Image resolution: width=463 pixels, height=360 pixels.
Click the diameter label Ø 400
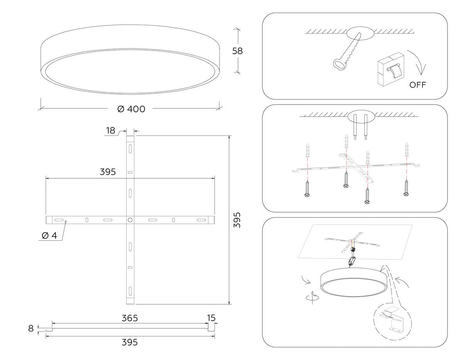[131, 109]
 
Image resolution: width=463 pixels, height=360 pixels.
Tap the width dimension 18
[111, 130]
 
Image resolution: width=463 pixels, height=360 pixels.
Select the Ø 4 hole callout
[49, 236]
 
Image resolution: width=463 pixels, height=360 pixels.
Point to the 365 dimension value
[130, 318]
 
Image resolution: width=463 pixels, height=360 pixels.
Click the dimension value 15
[211, 318]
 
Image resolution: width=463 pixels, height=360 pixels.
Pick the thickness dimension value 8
[31, 328]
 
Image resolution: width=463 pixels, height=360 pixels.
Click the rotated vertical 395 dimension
[238, 220]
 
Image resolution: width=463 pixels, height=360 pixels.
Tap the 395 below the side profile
[130, 342]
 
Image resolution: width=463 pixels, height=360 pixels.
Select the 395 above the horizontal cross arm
[108, 172]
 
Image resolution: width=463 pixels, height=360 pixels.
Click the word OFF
[418, 85]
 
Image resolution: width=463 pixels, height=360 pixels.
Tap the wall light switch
[390, 69]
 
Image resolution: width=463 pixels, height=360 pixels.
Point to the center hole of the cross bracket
[130, 220]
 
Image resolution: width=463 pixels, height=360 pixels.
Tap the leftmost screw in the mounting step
[308, 189]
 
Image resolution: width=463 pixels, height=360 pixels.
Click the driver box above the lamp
[352, 261]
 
